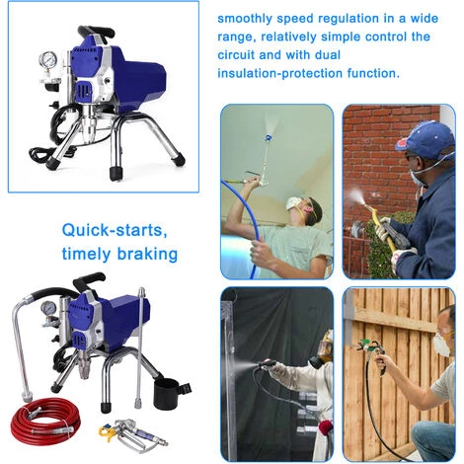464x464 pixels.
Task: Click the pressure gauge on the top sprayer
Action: click(x=48, y=60)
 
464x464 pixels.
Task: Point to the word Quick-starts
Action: click(x=115, y=230)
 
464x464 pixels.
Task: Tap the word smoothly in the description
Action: click(x=245, y=19)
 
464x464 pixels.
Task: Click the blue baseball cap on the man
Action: click(x=425, y=136)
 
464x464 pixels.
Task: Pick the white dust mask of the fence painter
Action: click(x=441, y=344)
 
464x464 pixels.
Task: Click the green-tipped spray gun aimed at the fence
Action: click(x=372, y=353)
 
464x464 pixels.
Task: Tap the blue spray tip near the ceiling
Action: click(x=270, y=137)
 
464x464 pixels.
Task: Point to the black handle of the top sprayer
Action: click(x=96, y=32)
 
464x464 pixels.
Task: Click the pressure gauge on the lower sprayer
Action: click(x=48, y=309)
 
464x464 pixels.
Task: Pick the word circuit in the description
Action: click(x=235, y=55)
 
